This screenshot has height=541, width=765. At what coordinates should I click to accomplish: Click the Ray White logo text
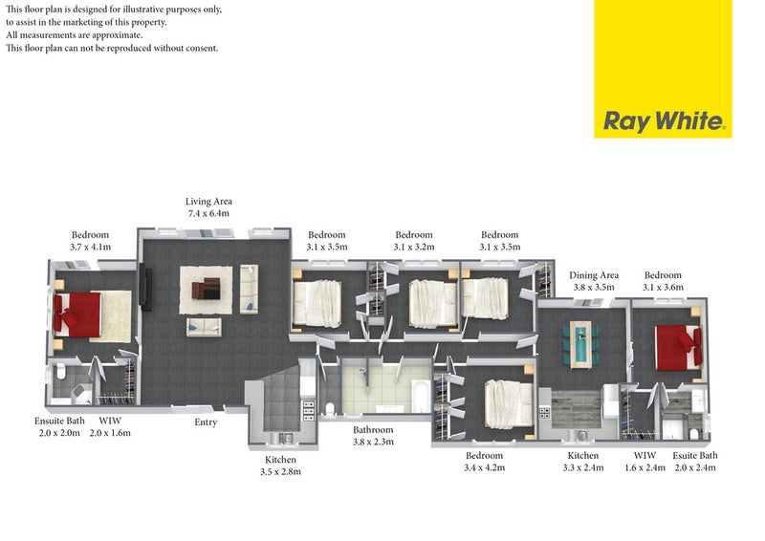(x=664, y=120)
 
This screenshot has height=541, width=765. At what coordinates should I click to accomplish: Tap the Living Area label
(x=208, y=201)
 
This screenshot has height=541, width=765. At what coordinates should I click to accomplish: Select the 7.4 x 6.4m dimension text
(x=208, y=213)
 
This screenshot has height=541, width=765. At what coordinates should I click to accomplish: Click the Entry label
(x=206, y=422)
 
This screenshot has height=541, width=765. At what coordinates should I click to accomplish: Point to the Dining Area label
(x=594, y=275)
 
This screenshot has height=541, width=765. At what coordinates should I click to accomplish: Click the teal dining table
(x=580, y=344)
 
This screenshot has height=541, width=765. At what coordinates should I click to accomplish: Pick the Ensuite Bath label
(x=59, y=421)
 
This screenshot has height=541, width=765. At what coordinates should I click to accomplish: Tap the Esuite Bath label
(x=695, y=455)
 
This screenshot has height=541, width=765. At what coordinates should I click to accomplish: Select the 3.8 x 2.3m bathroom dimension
(x=373, y=442)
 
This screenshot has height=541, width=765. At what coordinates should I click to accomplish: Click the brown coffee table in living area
(x=206, y=289)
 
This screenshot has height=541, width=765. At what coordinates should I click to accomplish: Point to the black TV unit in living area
(x=145, y=288)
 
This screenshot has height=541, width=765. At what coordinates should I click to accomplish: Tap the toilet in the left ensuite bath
(x=61, y=371)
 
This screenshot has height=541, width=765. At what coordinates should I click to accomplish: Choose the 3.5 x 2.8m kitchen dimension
(x=280, y=472)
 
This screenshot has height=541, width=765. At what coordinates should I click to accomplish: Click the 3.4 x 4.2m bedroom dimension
(x=485, y=467)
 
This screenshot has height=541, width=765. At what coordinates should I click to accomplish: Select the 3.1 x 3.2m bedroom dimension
(x=414, y=247)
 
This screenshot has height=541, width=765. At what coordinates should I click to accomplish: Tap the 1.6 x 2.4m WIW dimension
(x=645, y=467)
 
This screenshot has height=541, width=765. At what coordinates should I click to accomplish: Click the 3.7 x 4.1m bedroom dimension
(x=90, y=247)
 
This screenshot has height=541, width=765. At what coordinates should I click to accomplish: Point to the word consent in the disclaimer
(x=201, y=48)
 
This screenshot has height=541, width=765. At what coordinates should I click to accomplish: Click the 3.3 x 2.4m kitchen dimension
(x=583, y=467)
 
